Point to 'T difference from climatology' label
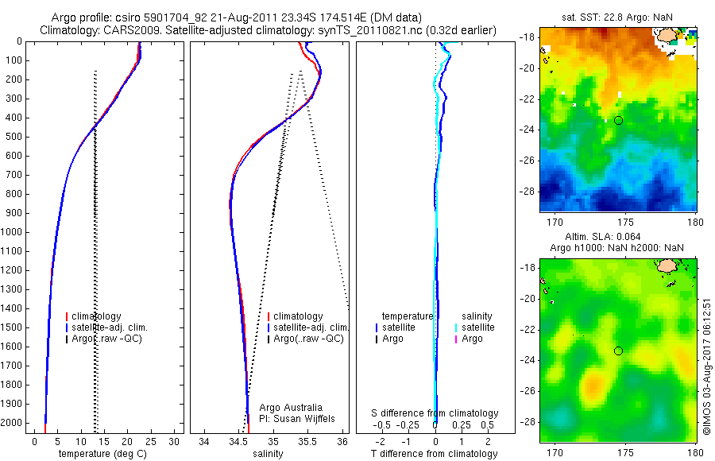tap(435, 454)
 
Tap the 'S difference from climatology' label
tap(435, 413)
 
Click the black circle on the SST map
tap(618, 120)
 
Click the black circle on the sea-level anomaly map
tap(618, 351)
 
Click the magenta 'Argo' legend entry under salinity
tap(472, 339)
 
